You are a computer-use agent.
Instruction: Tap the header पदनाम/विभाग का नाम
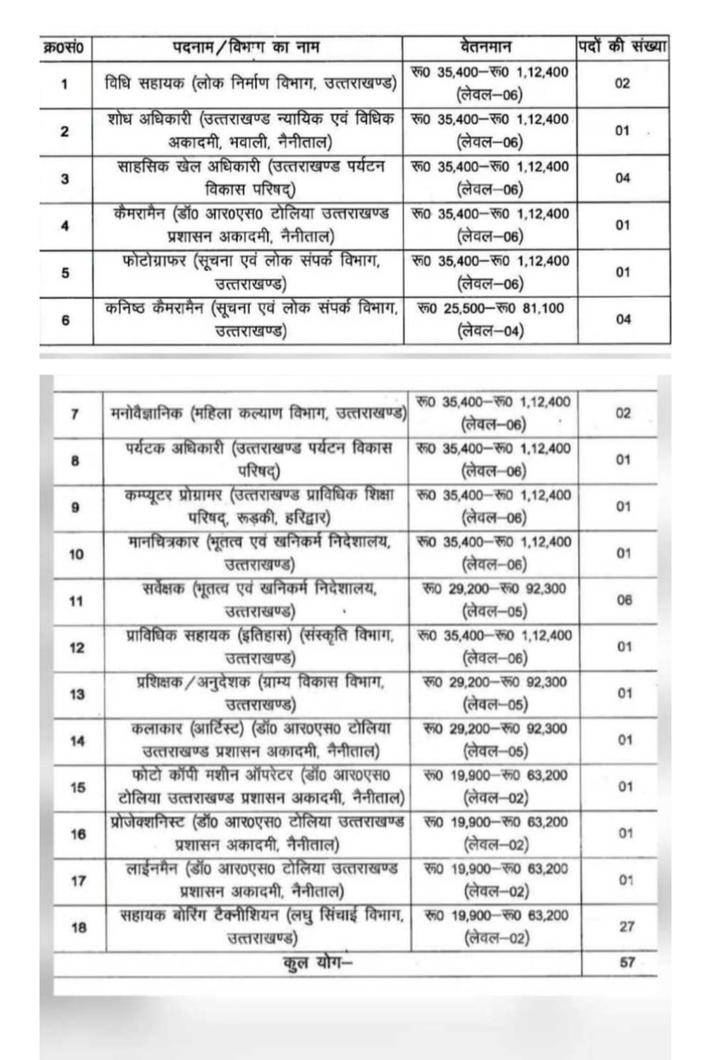(246, 47)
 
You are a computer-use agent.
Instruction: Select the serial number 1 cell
(64, 84)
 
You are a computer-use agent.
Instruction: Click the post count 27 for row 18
(626, 926)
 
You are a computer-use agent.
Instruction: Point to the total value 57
(627, 962)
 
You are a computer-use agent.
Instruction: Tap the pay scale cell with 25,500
(491, 319)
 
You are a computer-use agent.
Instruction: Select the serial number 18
(78, 927)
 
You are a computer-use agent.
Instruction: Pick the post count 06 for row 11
(624, 600)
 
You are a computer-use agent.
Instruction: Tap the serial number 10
(77, 554)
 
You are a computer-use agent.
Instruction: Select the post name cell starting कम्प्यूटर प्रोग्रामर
(259, 507)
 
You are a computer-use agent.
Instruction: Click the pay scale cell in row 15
(495, 786)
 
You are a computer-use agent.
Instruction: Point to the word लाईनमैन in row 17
(152, 869)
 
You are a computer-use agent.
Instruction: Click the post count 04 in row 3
(623, 178)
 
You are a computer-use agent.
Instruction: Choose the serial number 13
(77, 694)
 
